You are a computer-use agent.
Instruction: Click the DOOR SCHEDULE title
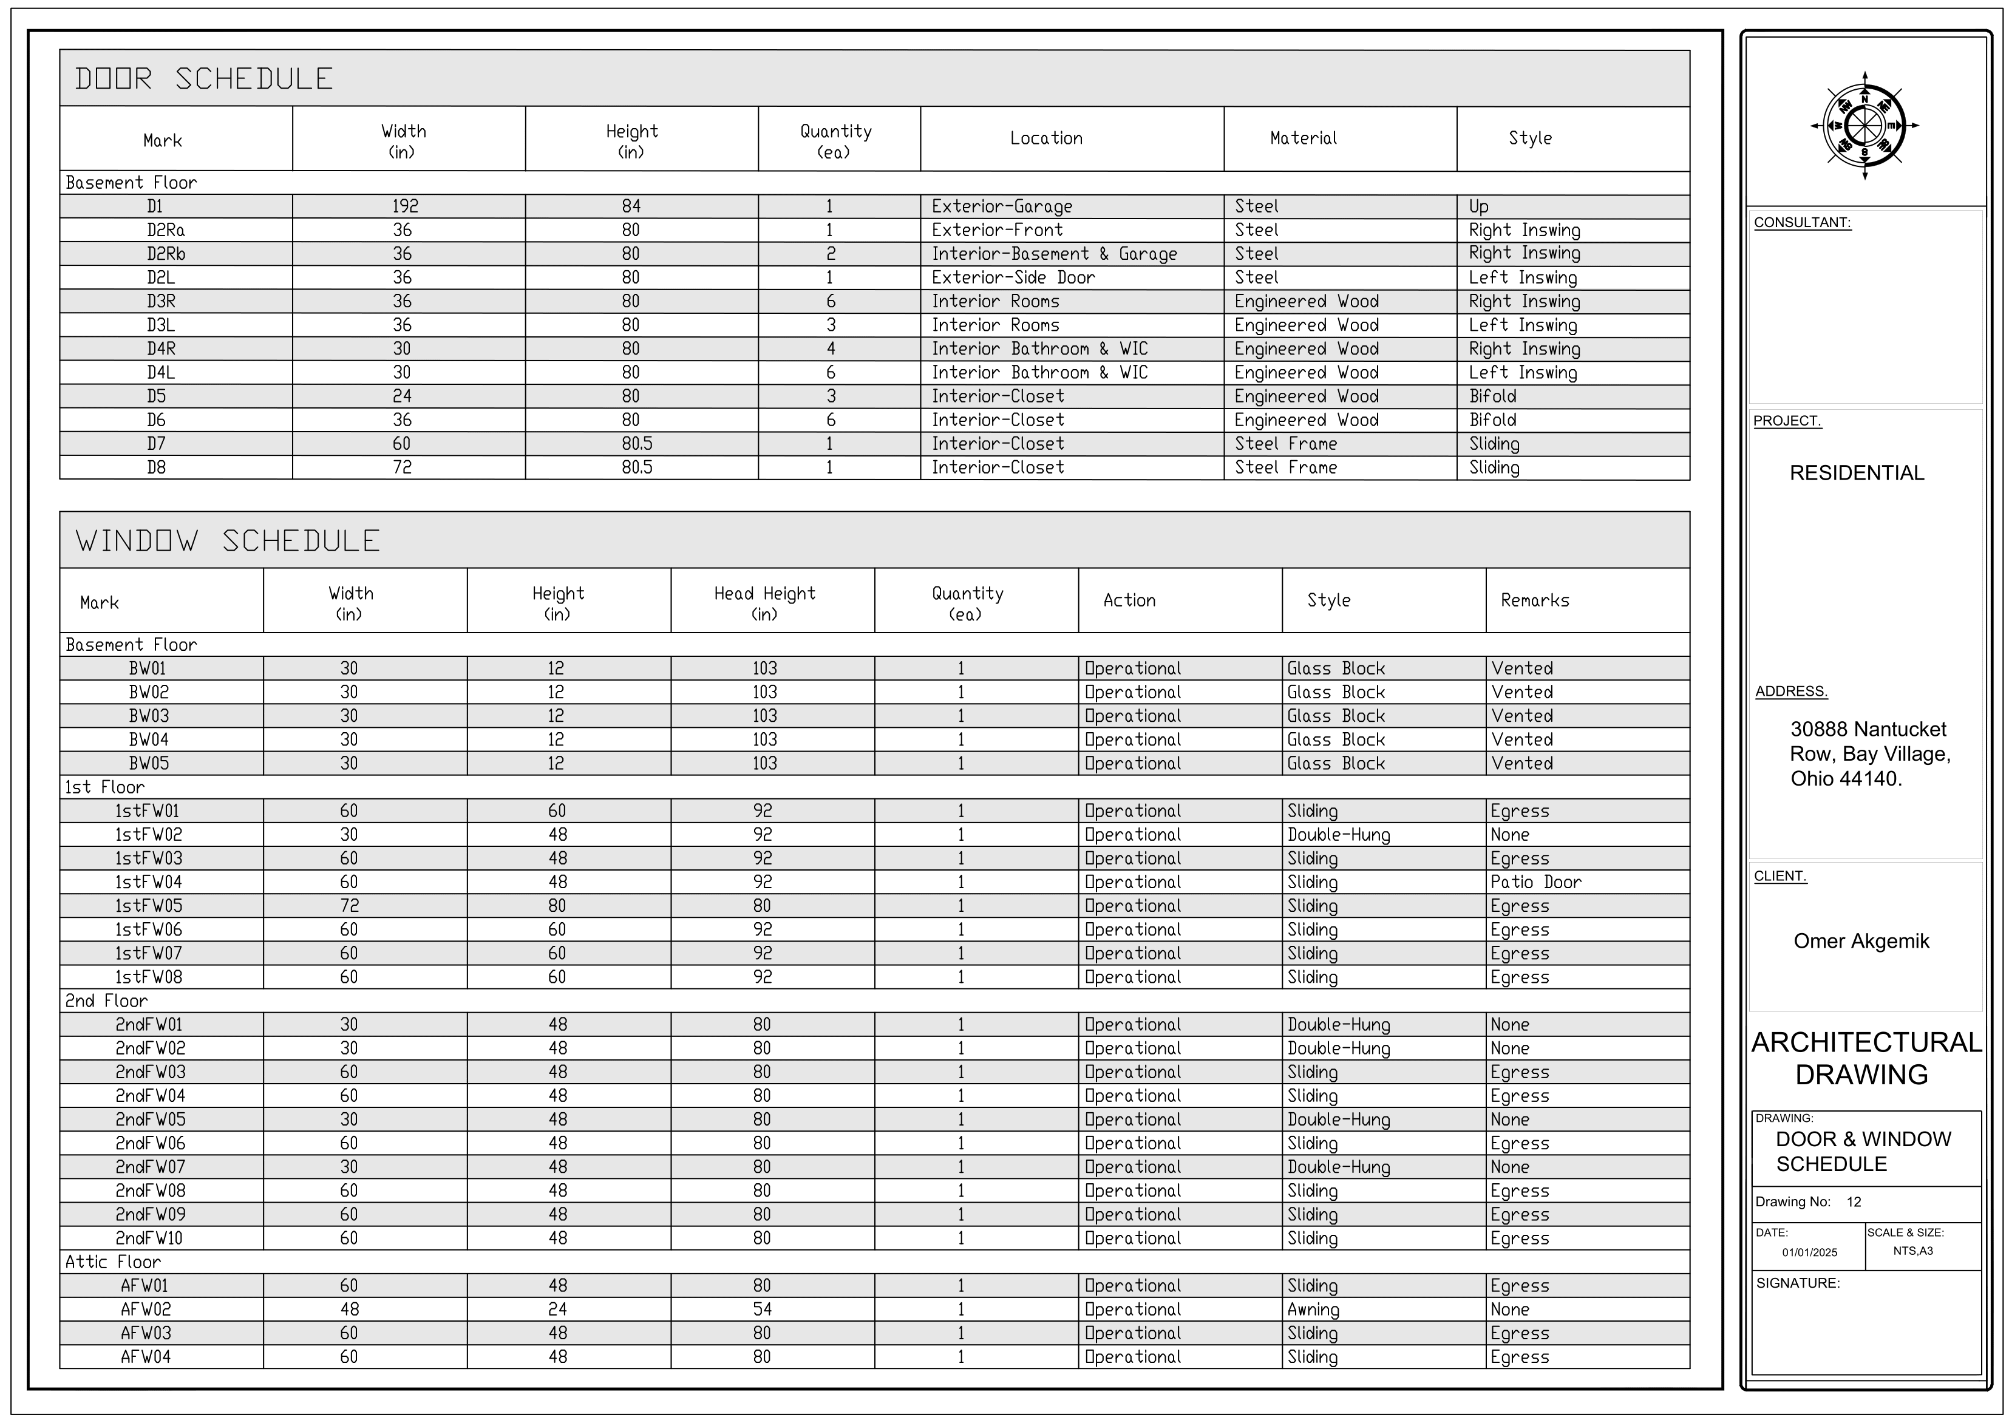(x=204, y=79)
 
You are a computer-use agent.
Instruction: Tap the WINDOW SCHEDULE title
(x=228, y=541)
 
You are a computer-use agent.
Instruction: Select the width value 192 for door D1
(x=404, y=206)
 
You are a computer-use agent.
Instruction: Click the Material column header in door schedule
(x=1303, y=138)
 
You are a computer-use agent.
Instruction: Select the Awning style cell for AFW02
(x=1313, y=1310)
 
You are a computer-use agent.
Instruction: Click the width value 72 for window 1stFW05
(x=349, y=906)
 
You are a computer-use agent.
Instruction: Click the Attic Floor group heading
(x=113, y=1262)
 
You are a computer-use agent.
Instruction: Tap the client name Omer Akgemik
(x=1861, y=942)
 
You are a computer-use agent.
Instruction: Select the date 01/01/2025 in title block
(x=1809, y=1252)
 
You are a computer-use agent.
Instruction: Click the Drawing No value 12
(x=1853, y=1202)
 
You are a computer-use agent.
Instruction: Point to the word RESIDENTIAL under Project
(x=1857, y=474)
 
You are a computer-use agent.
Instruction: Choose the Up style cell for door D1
(x=1479, y=206)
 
